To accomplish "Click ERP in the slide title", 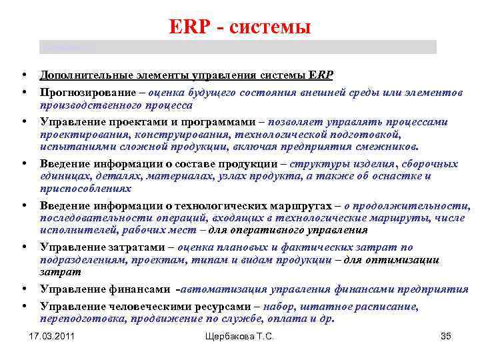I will click(189, 27).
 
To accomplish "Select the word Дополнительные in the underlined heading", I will click(79, 74).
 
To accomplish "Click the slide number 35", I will click(446, 337).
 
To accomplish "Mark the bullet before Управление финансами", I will click(23, 289).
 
